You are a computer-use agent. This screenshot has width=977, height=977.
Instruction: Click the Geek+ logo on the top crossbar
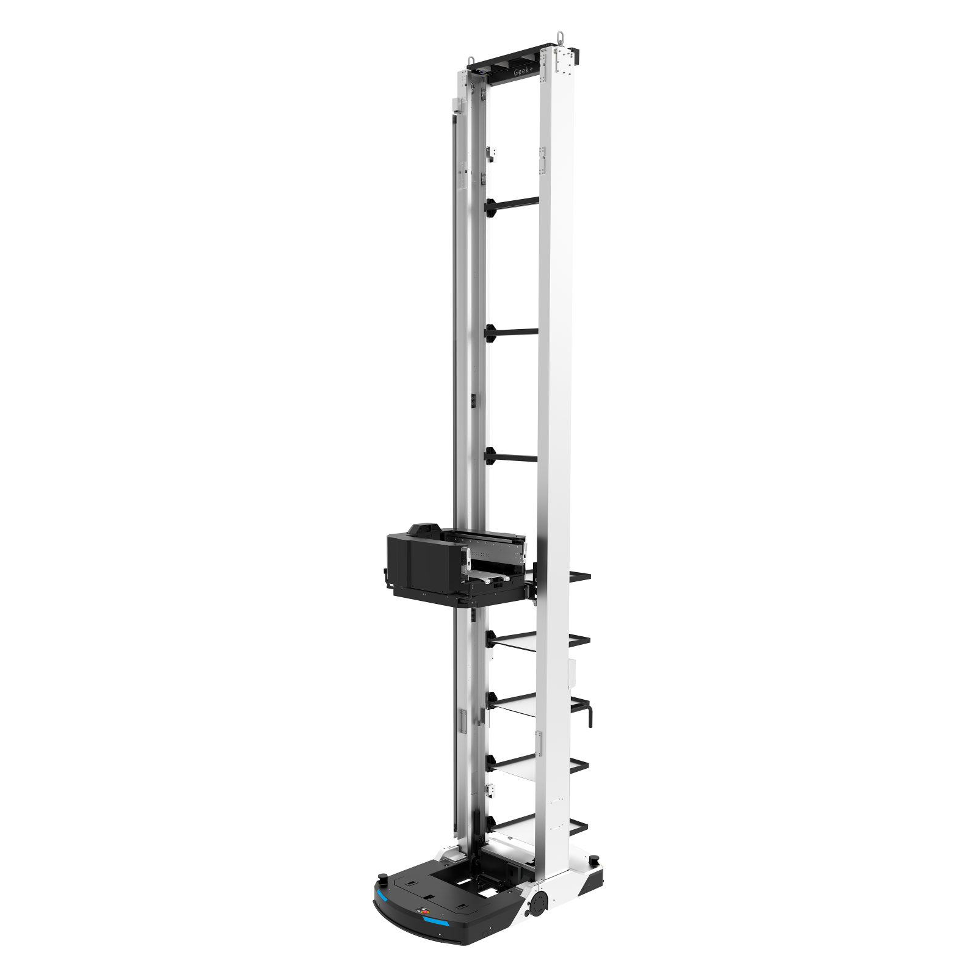[523, 72]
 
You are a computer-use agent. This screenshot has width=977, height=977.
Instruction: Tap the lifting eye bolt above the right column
[560, 35]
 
